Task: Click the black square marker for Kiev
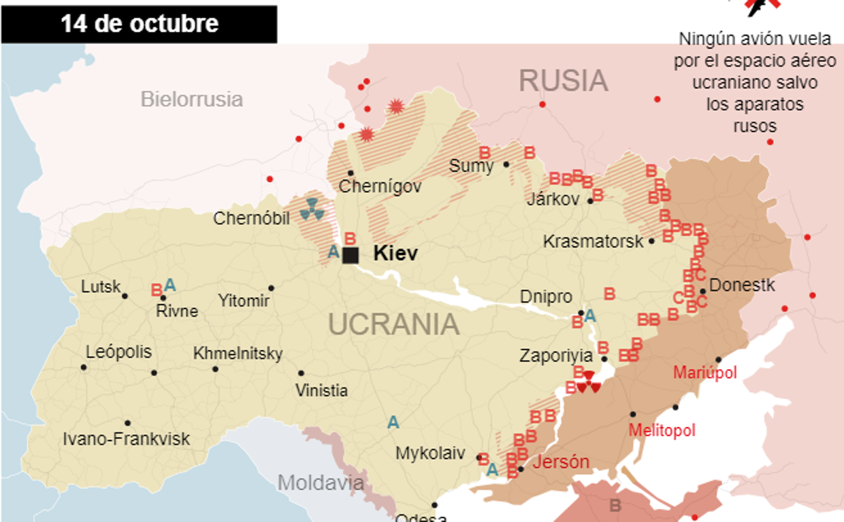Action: (x=351, y=256)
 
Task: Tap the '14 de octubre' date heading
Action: (x=139, y=24)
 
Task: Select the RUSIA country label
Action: (x=563, y=81)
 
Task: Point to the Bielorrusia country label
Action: (x=191, y=99)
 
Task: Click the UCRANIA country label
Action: (x=394, y=325)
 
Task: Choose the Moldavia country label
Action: (x=321, y=483)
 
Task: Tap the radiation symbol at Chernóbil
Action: (x=312, y=209)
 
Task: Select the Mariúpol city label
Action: (x=705, y=372)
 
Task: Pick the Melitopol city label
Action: (x=662, y=430)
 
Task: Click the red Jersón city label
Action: (x=560, y=462)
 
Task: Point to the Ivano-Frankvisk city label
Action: (x=127, y=439)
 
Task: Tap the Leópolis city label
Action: (x=118, y=352)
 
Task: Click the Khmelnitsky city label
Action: (x=238, y=353)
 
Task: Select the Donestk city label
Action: (x=742, y=285)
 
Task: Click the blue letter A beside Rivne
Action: (x=170, y=285)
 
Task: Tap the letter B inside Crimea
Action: (x=615, y=506)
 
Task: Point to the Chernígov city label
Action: (x=380, y=186)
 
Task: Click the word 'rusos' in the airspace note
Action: (x=755, y=126)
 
